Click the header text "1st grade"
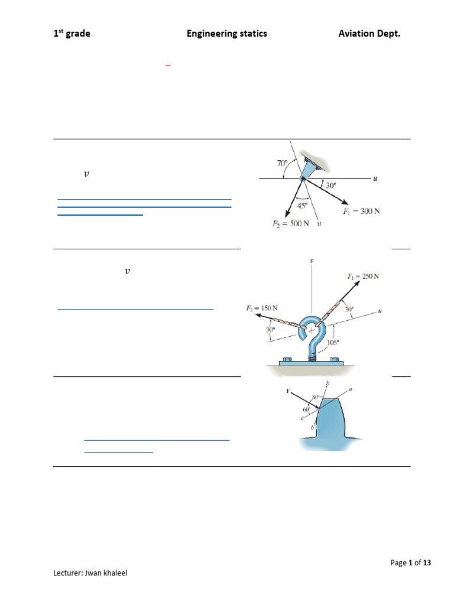[x=72, y=34]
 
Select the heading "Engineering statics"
[x=226, y=34]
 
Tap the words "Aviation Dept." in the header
[x=369, y=34]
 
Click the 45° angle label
[x=303, y=206]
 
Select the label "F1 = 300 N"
[x=361, y=212]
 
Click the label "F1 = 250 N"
[x=363, y=276]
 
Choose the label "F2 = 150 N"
[x=262, y=308]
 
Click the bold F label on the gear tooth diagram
[x=288, y=391]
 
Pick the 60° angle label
[x=306, y=409]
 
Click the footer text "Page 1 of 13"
[x=410, y=563]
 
